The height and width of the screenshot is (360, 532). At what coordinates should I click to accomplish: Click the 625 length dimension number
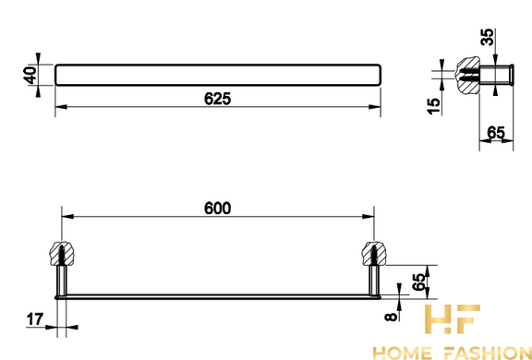pos(217,99)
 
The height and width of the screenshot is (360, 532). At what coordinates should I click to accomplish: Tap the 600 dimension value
pos(217,208)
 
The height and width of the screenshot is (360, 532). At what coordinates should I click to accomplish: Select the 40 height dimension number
pos(30,76)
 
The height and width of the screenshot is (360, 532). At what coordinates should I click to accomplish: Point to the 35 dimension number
pos(488,37)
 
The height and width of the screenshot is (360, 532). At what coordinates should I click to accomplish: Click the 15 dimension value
pos(433,106)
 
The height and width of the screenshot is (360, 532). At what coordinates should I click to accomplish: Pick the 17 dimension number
pos(35,319)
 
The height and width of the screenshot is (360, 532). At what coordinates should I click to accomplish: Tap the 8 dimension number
pos(391,317)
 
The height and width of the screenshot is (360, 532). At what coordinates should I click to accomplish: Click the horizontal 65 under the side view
pos(496,133)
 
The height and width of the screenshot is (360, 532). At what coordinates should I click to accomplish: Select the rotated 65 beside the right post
pos(418,282)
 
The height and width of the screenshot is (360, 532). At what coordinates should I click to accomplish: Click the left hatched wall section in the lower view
pos(61,254)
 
